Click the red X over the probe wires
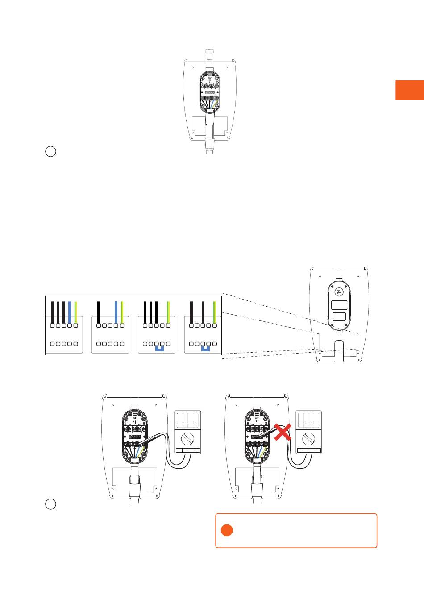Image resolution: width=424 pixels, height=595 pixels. pyautogui.click(x=282, y=432)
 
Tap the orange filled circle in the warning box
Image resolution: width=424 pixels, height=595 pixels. pyautogui.click(x=227, y=530)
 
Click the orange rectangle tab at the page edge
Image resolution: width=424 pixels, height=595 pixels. pyautogui.click(x=409, y=90)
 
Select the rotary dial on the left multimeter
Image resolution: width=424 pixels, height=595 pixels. pyautogui.click(x=187, y=438)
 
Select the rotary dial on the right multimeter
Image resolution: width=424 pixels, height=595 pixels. pyautogui.click(x=309, y=438)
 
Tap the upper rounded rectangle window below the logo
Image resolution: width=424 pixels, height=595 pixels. pyautogui.click(x=340, y=305)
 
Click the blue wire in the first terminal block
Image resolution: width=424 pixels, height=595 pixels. pyautogui.click(x=70, y=312)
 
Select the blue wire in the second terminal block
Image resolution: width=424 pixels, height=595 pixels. pyautogui.click(x=116, y=312)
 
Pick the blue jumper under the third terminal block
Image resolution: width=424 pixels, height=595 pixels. pyautogui.click(x=159, y=348)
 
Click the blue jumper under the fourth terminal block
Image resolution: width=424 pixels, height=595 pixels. pyautogui.click(x=206, y=348)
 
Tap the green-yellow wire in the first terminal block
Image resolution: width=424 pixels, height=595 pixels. pyautogui.click(x=75, y=312)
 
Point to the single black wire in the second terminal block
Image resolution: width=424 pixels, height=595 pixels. pyautogui.click(x=98, y=312)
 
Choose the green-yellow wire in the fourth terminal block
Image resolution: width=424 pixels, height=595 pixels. pyautogui.click(x=215, y=312)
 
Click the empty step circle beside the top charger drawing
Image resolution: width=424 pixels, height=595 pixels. pyautogui.click(x=50, y=151)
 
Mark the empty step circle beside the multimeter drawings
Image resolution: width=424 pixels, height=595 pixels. pyautogui.click(x=50, y=504)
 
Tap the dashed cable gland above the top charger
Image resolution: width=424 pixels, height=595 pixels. pyautogui.click(x=210, y=53)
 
